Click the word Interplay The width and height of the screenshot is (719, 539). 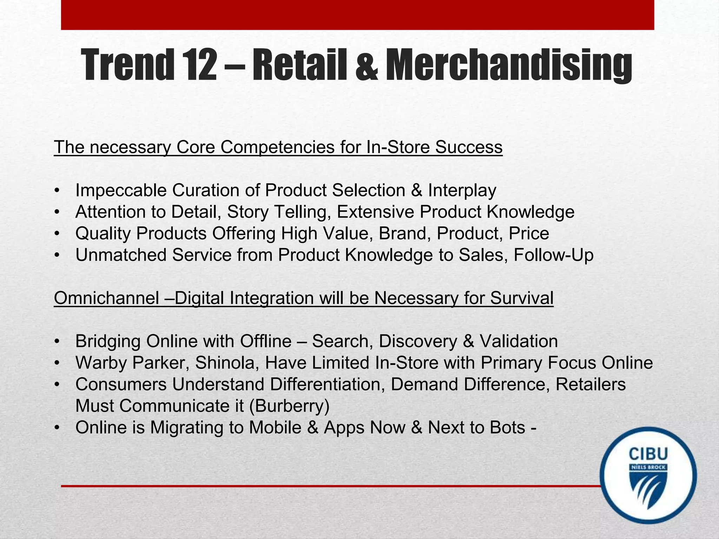tap(462, 191)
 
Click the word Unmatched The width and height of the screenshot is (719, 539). tap(121, 255)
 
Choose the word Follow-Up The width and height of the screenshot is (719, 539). tap(553, 255)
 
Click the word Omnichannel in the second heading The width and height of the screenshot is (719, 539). tap(106, 298)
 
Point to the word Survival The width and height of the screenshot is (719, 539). tap(522, 298)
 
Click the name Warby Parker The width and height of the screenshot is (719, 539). tap(132, 363)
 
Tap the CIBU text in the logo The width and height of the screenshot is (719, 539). tap(648, 454)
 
